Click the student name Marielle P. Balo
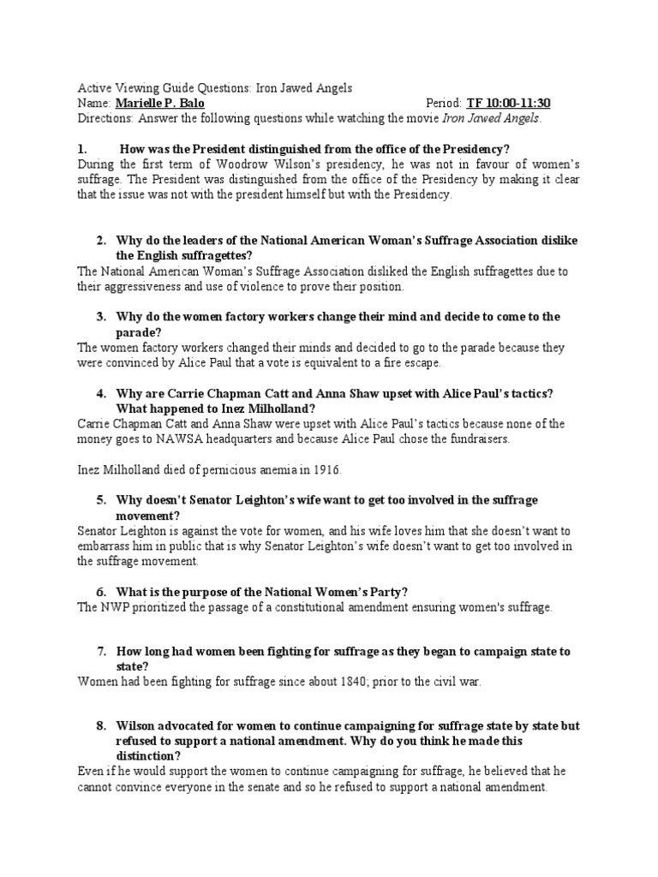pos(159,103)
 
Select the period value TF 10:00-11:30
pos(508,103)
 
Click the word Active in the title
pos(94,88)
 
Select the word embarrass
pos(109,546)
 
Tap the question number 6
pos(100,592)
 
